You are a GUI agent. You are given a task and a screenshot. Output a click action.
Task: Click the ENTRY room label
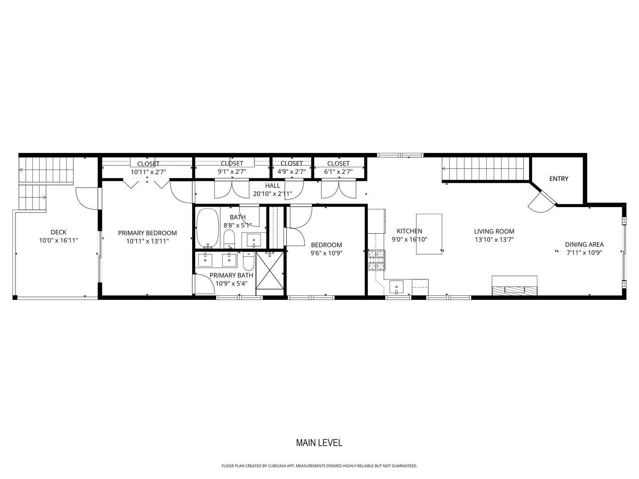click(558, 179)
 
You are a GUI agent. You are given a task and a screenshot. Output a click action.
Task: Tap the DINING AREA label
click(584, 244)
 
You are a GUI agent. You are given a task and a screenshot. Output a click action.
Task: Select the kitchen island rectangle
click(429, 234)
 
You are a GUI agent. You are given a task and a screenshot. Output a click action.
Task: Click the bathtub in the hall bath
click(207, 228)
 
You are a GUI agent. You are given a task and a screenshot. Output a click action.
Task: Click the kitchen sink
click(396, 287)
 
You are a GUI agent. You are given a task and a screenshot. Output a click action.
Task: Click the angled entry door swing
click(540, 202)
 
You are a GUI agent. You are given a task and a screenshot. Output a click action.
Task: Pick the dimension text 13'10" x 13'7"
click(494, 239)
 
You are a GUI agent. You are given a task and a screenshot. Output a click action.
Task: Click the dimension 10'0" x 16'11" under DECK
click(59, 240)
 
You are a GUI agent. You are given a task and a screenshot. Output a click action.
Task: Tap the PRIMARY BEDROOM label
click(147, 233)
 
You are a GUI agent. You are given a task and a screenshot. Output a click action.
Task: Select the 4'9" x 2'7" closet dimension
click(292, 172)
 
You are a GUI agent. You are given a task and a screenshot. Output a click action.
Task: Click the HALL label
click(272, 186)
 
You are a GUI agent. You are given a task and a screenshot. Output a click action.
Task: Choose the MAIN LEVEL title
click(319, 443)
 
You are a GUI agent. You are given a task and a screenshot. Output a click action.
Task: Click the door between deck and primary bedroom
click(87, 198)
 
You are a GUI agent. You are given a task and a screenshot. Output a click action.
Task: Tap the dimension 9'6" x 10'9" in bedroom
click(326, 253)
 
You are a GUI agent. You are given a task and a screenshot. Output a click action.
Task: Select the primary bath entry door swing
click(202, 284)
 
